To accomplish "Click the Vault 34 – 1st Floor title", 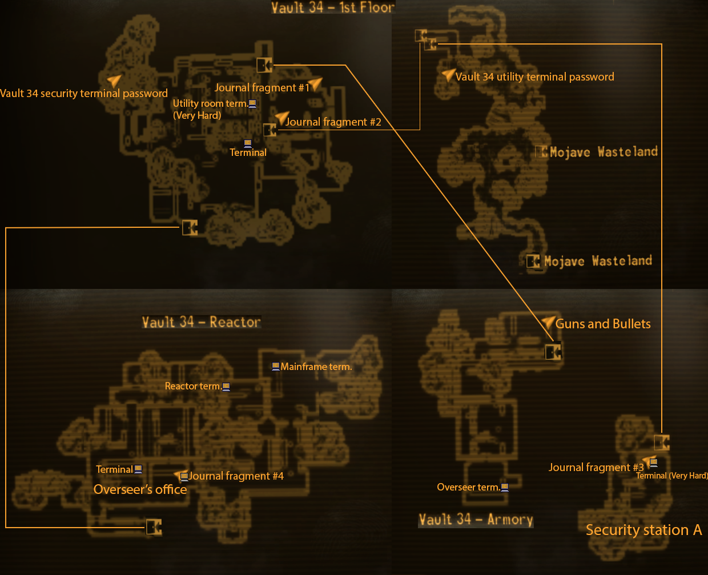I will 332,7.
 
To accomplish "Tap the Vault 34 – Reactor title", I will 201,322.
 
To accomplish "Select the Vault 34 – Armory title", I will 476,520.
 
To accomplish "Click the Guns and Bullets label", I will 603,324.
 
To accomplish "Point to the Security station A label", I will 643,530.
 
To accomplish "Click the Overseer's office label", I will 140,489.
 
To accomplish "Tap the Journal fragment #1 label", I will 262,87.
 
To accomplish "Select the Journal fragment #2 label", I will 333,122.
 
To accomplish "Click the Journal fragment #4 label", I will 236,476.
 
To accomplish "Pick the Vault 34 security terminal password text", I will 84,93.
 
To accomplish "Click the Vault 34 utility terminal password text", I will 534,77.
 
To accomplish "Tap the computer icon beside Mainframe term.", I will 276,366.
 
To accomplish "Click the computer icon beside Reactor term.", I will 226,387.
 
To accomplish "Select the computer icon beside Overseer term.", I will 505,487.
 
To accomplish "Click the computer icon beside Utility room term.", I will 252,103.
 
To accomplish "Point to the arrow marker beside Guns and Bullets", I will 548,323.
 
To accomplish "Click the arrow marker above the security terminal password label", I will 115,81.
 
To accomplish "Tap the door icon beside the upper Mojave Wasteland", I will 541,152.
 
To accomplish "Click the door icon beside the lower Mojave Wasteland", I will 533,262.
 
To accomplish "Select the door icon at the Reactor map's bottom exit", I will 154,526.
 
